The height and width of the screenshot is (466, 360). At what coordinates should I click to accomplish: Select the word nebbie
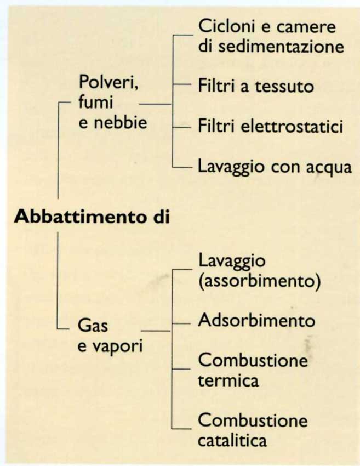click(121, 122)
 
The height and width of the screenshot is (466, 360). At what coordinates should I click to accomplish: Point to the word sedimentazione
click(281, 47)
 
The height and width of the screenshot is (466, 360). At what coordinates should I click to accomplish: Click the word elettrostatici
click(292, 126)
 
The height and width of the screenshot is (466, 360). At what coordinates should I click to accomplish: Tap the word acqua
click(329, 168)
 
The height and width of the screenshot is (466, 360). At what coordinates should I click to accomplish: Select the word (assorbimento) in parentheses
click(260, 280)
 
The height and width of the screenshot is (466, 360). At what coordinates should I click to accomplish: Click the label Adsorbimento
click(256, 320)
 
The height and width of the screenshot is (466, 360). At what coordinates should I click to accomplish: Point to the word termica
click(228, 380)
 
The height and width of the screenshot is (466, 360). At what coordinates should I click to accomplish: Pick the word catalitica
click(232, 440)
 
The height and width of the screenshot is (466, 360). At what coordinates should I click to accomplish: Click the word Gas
click(93, 326)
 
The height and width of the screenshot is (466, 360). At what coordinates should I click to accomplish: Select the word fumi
click(96, 102)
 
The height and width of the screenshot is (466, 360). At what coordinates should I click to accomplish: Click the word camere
click(306, 26)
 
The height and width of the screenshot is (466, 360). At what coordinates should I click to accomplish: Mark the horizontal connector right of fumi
click(156, 104)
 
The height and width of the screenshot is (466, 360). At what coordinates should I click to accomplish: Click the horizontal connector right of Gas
click(156, 330)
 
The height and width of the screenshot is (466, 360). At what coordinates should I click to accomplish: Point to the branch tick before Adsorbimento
click(181, 323)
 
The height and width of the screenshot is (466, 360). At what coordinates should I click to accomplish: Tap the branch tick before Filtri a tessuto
click(181, 84)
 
